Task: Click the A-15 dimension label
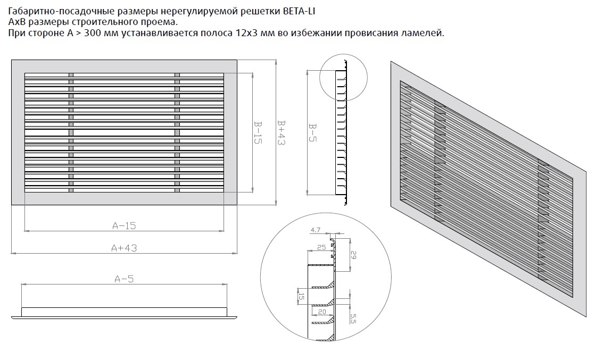click(124, 225)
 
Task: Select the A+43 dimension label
click(124, 248)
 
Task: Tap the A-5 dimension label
click(124, 278)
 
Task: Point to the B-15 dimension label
click(257, 133)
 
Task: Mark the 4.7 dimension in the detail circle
click(315, 230)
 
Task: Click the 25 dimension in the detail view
click(321, 248)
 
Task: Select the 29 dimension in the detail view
click(352, 255)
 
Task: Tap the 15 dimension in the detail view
click(301, 297)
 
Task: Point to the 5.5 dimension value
click(353, 319)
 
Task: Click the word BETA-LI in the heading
click(306, 11)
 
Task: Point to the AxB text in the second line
click(18, 22)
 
